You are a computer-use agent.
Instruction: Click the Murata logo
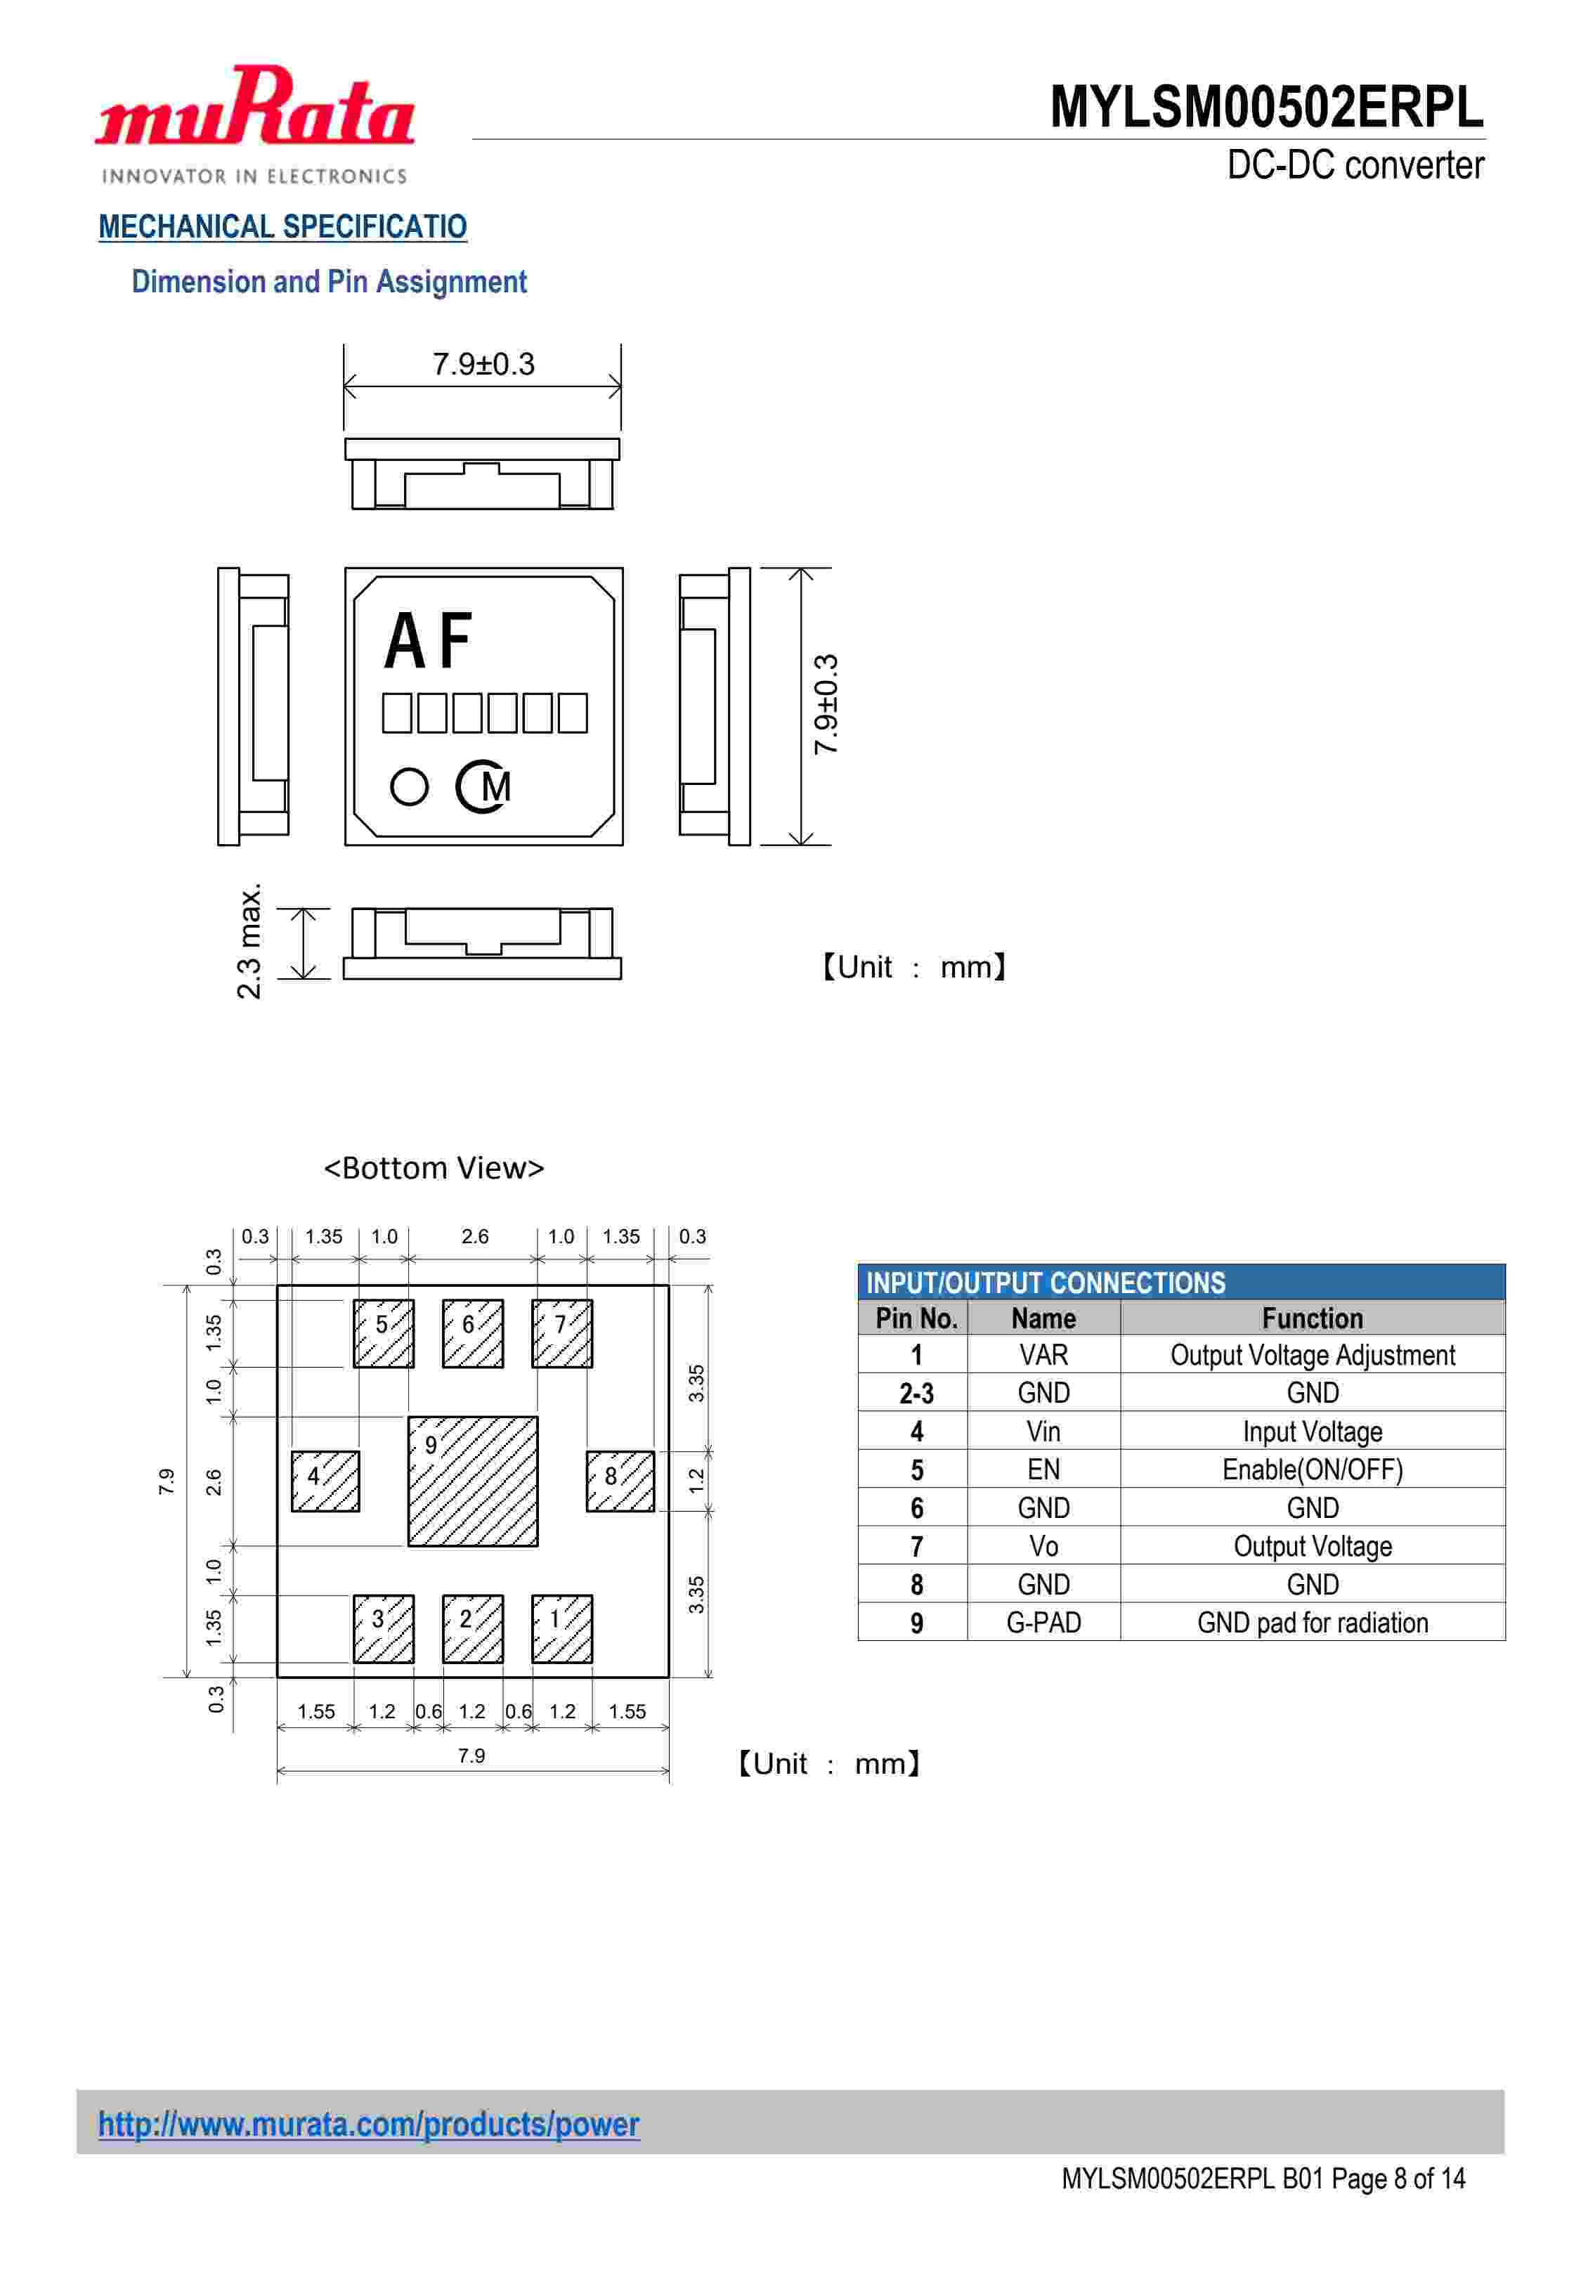(x=254, y=124)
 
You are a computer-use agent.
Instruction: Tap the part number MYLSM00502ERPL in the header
(x=1266, y=107)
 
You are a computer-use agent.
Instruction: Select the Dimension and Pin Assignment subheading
(x=329, y=283)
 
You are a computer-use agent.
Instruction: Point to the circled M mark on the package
(x=483, y=787)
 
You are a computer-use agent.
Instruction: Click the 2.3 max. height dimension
(x=249, y=941)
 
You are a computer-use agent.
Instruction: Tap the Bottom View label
(x=434, y=1168)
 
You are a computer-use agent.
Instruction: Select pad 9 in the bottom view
(x=474, y=1481)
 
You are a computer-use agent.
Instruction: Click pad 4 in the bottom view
(x=325, y=1481)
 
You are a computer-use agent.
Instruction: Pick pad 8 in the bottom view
(x=620, y=1481)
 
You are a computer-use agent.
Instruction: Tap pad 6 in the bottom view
(x=472, y=1333)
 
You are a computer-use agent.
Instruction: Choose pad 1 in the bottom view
(x=561, y=1628)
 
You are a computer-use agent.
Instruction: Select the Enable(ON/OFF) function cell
(x=1312, y=1470)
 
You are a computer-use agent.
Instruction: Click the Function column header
(x=1312, y=1318)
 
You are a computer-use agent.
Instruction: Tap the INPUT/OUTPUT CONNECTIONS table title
(x=1045, y=1283)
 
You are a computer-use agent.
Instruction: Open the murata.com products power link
(x=368, y=2124)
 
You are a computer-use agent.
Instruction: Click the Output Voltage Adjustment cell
(x=1312, y=1355)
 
